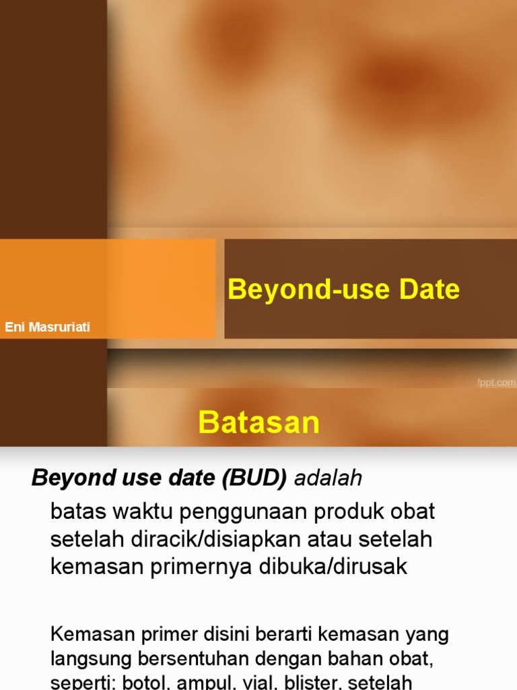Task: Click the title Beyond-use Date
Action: click(343, 290)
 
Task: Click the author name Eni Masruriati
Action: click(47, 328)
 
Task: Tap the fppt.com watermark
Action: click(496, 383)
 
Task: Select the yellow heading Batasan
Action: click(258, 422)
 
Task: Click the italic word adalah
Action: click(329, 478)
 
